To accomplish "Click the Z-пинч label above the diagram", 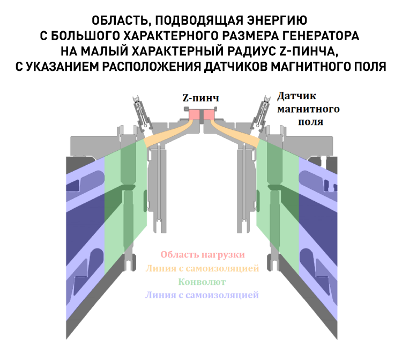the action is click(201, 98).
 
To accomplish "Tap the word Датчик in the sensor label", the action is click(296, 96).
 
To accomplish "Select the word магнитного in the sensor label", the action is click(308, 109).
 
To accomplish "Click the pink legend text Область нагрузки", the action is click(203, 255).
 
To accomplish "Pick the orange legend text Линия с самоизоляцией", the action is click(202, 268).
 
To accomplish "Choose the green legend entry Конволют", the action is click(202, 282).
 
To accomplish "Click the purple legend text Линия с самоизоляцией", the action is click(202, 295).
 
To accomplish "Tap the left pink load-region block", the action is click(194, 114).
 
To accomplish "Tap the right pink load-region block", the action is click(209, 114).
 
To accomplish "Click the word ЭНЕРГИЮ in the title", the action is click(277, 21).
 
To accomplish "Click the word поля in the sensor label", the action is click(310, 122).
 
